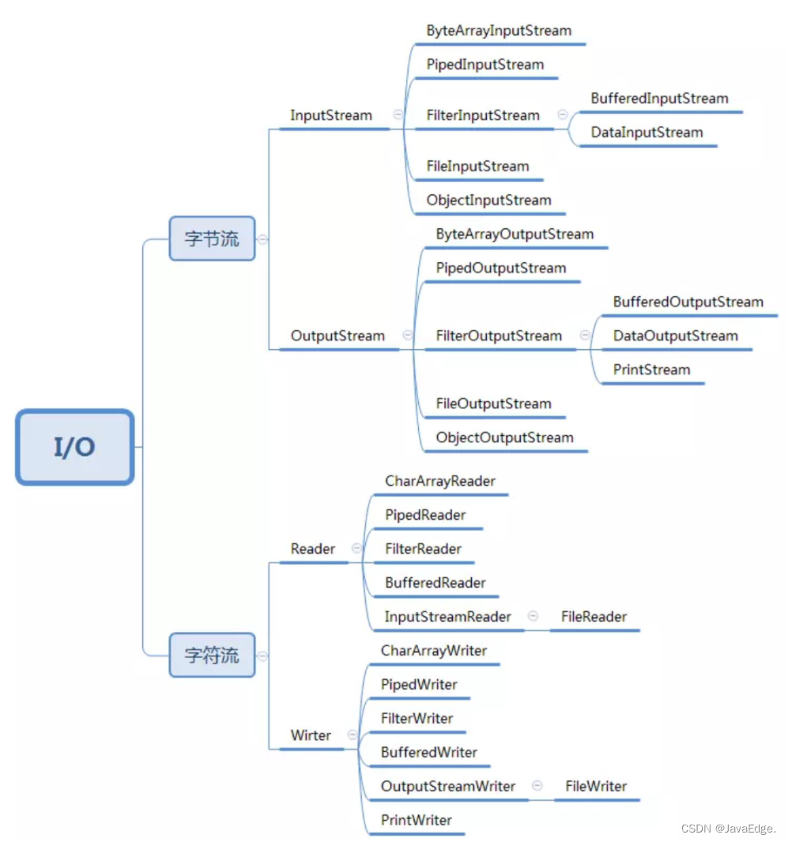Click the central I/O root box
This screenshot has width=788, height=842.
point(74,447)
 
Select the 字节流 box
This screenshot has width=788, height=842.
point(212,239)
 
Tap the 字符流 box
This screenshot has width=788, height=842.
point(212,655)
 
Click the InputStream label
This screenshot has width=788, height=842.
point(331,115)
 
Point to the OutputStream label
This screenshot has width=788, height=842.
point(337,336)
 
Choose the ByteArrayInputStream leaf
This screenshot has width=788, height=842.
point(499,31)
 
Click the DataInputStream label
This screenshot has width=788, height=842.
point(647,133)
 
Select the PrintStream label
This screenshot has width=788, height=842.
point(651,370)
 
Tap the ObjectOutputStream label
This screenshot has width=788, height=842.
point(505,438)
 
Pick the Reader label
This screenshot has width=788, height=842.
point(313,549)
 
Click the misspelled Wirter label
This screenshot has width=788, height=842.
point(311,735)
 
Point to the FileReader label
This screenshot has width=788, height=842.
point(594,616)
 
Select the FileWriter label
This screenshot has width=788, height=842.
point(596,786)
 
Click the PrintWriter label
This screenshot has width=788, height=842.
point(417,820)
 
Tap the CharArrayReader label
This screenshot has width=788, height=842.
point(440,481)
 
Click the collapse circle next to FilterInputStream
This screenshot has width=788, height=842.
point(563,115)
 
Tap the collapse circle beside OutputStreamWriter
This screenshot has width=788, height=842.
point(537,786)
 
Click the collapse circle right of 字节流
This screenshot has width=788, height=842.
point(262,239)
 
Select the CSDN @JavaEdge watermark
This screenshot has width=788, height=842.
point(729,829)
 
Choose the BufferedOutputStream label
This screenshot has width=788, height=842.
point(688,303)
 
